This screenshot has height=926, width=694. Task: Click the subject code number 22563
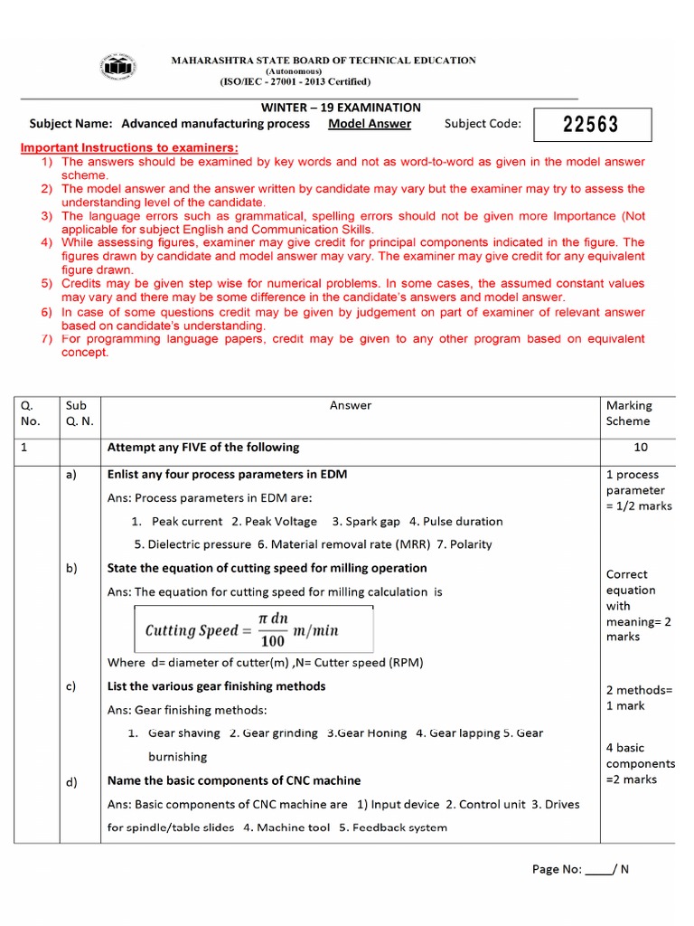(591, 125)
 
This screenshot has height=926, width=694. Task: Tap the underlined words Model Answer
(370, 124)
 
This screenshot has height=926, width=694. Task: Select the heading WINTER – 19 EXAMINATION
(341, 108)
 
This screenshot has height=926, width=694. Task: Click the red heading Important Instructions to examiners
(129, 147)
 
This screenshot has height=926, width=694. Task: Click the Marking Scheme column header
(629, 413)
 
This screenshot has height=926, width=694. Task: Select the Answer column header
(350, 406)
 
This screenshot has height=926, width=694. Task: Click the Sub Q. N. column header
(80, 413)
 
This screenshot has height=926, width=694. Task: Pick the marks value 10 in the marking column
(642, 448)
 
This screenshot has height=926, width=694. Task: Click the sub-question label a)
(70, 475)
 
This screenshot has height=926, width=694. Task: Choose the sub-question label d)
(70, 782)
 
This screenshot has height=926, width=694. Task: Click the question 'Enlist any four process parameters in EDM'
(227, 475)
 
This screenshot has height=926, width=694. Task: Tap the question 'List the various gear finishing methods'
(216, 686)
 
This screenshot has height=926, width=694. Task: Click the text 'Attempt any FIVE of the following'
(203, 448)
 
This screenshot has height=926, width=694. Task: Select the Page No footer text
(580, 869)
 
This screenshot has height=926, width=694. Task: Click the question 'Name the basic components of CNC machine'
(233, 780)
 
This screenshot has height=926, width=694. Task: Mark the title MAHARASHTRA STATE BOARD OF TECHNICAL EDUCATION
(324, 61)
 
